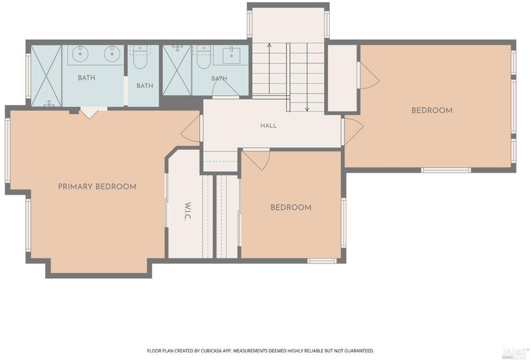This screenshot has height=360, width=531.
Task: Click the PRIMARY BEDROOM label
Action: (97, 187)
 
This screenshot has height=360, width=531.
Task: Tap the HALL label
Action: (269, 126)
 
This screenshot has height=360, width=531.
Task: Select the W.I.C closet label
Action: (188, 211)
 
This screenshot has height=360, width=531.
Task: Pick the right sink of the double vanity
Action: (112, 54)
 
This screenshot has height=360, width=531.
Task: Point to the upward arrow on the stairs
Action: (269, 68)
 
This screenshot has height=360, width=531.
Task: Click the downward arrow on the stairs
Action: (307, 77)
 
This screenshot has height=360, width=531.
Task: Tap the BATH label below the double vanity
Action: (87, 78)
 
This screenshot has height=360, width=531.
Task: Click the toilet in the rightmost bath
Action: (204, 57)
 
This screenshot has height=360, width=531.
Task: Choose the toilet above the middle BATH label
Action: (139, 58)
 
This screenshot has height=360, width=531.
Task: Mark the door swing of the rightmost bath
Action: (226, 87)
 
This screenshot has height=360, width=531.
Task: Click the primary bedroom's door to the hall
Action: (190, 129)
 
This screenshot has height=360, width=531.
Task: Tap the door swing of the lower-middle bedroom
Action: (256, 159)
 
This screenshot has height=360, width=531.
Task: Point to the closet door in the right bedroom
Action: (369, 75)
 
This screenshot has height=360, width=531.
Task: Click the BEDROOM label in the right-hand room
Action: (432, 110)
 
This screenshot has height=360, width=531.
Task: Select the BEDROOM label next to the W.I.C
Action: (291, 207)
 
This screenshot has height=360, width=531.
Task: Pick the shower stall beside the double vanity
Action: (46, 76)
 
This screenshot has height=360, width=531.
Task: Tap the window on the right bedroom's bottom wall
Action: (446, 170)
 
